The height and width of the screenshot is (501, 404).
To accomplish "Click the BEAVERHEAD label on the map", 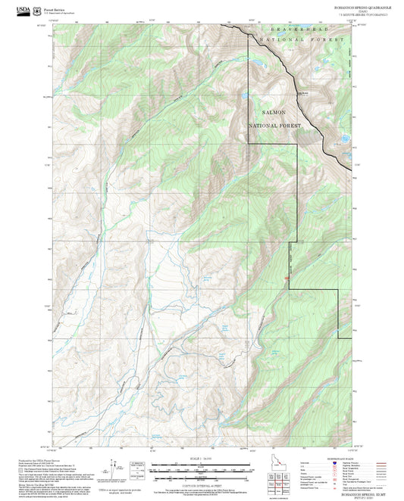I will [x=282, y=27].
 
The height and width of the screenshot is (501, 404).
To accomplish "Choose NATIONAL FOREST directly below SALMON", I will [x=275, y=125].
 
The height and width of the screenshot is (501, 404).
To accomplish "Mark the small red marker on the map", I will [x=287, y=282].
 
